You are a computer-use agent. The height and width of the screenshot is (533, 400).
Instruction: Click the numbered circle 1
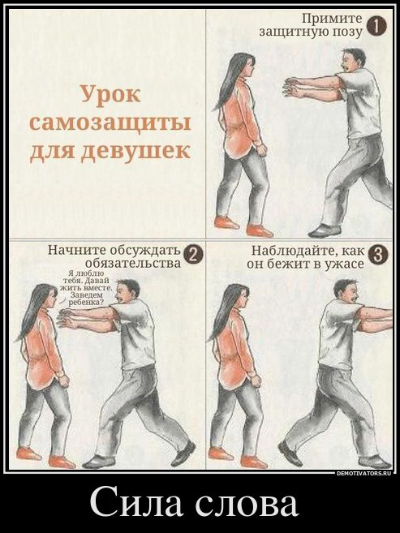click(376, 27)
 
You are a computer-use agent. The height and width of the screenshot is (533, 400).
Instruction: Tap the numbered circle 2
click(194, 256)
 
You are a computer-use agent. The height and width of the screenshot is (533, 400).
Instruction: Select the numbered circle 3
click(377, 256)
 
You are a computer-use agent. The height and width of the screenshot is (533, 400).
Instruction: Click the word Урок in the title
click(110, 94)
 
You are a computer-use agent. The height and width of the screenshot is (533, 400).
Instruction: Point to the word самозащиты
click(110, 123)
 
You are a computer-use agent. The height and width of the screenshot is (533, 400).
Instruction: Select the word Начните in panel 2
click(78, 249)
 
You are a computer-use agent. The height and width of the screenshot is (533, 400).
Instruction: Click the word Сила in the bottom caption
click(135, 503)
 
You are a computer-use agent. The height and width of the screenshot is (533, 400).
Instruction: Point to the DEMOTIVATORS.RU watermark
click(364, 473)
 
